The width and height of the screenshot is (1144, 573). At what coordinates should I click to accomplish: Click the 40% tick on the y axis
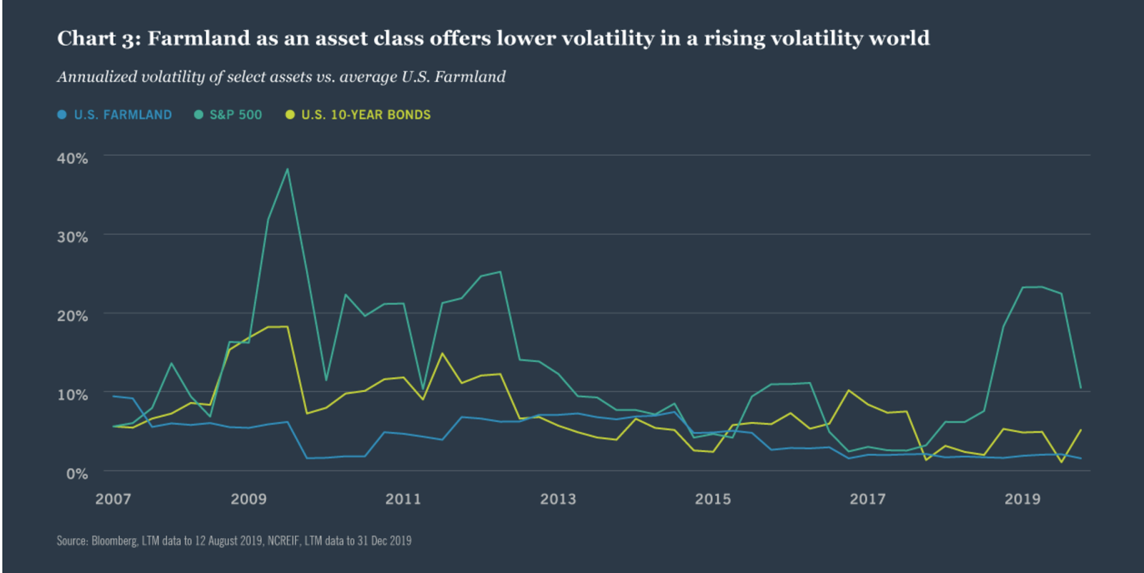(72, 158)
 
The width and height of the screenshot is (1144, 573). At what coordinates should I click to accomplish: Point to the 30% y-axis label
(72, 237)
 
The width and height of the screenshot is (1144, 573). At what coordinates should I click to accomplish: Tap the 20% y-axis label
(72, 315)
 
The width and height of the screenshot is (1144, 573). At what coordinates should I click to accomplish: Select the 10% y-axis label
(72, 394)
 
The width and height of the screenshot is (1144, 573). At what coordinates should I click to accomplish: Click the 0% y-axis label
(77, 474)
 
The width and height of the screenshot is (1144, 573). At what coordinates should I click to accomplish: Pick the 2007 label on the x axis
(113, 499)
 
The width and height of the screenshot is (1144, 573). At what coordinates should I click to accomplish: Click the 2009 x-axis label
(248, 499)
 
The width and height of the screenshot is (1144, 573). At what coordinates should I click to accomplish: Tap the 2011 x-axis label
(403, 499)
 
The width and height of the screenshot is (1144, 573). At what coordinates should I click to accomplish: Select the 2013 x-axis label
(558, 499)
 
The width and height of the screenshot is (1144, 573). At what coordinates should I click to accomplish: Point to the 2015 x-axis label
(713, 499)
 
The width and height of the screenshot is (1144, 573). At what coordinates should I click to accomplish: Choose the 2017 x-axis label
(867, 499)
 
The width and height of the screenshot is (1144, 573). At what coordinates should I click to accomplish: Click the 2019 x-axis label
(1022, 499)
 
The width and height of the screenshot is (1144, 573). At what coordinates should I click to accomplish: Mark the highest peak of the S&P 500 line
(287, 170)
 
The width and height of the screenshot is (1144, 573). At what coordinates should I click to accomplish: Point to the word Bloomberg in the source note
(114, 541)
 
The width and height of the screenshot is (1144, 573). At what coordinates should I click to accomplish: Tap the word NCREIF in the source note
(283, 541)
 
